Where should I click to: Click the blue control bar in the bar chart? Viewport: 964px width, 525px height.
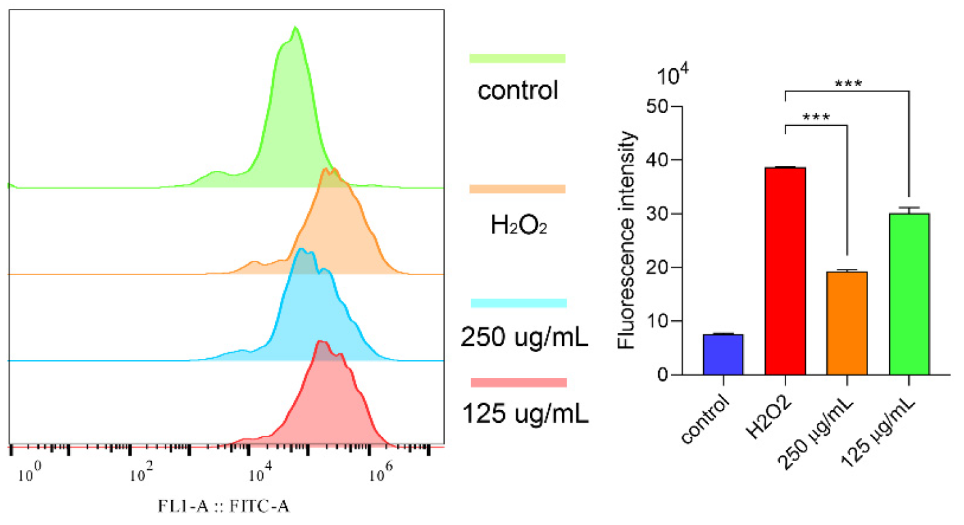[723, 354]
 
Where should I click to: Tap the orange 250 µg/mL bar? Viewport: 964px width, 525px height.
[847, 323]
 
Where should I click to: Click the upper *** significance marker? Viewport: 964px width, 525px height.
[849, 84]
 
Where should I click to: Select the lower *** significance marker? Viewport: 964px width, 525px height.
[815, 117]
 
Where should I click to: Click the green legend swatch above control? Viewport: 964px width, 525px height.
[518, 59]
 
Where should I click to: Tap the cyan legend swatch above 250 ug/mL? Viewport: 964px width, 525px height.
[518, 302]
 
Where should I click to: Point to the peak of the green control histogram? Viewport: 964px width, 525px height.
[295, 29]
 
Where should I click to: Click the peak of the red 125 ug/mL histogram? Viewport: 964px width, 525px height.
[320, 342]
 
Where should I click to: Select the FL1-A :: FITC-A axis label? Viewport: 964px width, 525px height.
[221, 506]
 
